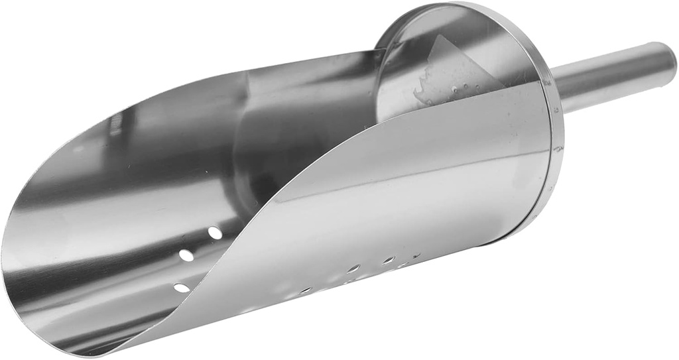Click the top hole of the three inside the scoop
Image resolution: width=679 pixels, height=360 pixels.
click(x=215, y=233)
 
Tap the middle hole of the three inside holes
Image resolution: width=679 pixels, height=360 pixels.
click(x=187, y=255)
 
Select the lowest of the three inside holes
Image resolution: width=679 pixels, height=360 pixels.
click(x=181, y=288)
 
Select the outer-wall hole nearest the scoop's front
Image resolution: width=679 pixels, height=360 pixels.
click(x=306, y=290)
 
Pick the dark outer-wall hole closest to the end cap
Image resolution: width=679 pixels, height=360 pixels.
click(x=416, y=255)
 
